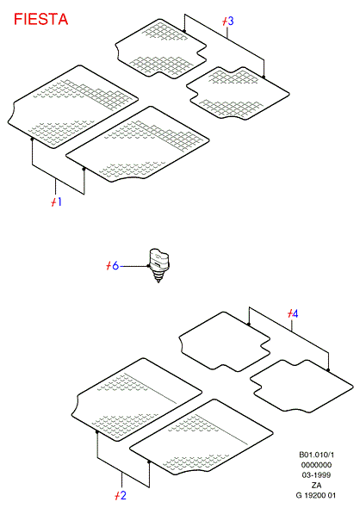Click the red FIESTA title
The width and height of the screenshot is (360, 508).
pos(40,19)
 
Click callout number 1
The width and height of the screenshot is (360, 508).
pos(59,201)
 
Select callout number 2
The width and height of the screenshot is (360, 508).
pos(123,495)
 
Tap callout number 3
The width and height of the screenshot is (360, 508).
pos(231,21)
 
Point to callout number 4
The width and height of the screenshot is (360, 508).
pos(295,313)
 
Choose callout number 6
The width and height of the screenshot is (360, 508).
pos(115,266)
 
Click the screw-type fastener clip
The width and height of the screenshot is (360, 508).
pos(159,266)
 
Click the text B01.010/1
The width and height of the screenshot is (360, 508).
pos(316,455)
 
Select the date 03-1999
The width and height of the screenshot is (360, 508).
pos(316,475)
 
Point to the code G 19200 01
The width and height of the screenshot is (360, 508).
pos(316,495)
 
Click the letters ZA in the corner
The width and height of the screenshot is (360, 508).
pos(316,486)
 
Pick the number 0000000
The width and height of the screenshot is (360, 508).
pos(316,465)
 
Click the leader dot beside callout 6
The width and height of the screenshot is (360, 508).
pos(149,266)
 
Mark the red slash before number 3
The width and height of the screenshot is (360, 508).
pos(225,22)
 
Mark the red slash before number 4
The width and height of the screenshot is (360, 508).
pos(289,313)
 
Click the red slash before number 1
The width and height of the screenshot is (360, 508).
pos(53,202)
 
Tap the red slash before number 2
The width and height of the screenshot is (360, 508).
pos(117,496)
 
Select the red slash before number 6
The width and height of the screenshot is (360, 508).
pos(109,266)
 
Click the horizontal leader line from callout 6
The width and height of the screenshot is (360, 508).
pos(133,266)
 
